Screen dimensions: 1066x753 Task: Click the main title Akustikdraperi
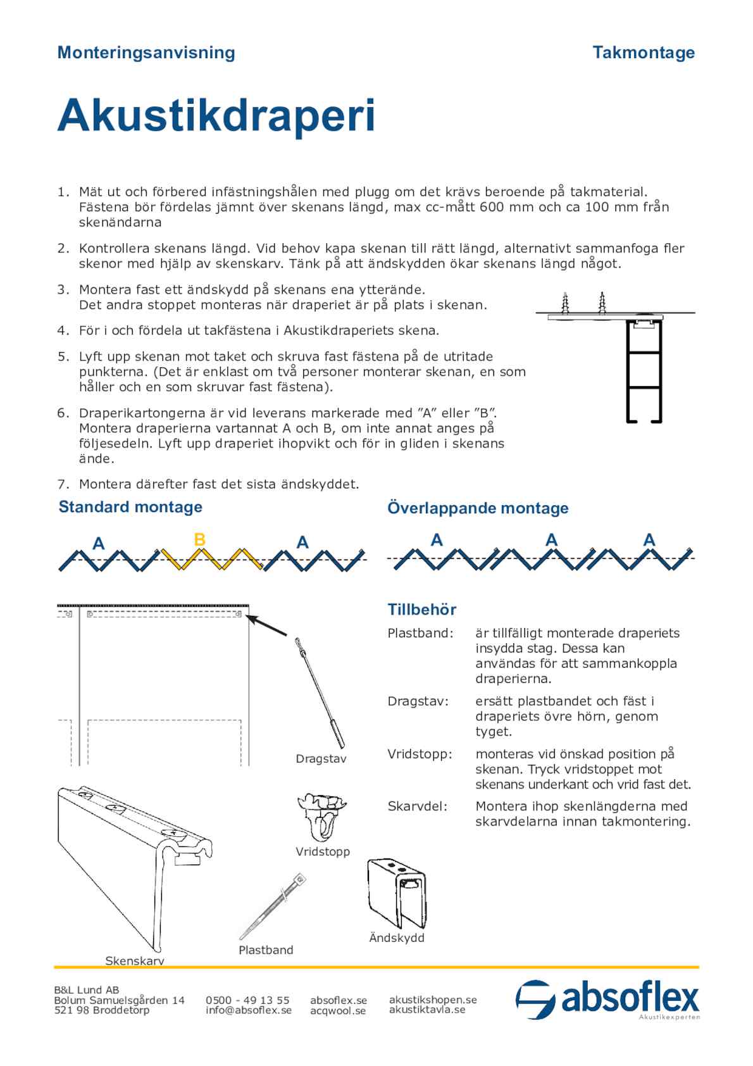(216, 116)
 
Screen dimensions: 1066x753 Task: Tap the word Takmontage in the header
(643, 53)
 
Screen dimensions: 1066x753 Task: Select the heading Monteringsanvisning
(146, 53)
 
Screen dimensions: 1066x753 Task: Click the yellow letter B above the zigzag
(199, 540)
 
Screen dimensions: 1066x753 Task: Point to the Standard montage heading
(130, 507)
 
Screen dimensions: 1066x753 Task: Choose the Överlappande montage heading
(478, 508)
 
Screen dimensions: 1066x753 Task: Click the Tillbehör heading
(421, 610)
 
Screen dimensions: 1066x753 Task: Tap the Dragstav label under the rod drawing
(321, 759)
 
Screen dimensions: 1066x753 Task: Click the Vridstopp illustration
(321, 817)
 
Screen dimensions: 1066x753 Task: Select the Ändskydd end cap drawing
(397, 893)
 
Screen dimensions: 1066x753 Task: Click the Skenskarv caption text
(135, 961)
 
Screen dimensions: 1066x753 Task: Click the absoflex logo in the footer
(607, 1000)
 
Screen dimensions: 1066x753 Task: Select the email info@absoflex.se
(249, 1010)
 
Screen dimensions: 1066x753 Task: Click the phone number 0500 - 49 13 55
(247, 1000)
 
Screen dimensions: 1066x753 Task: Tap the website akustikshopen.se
(433, 1000)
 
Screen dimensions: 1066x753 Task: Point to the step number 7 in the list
(63, 485)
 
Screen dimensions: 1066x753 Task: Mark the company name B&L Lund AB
(87, 990)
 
